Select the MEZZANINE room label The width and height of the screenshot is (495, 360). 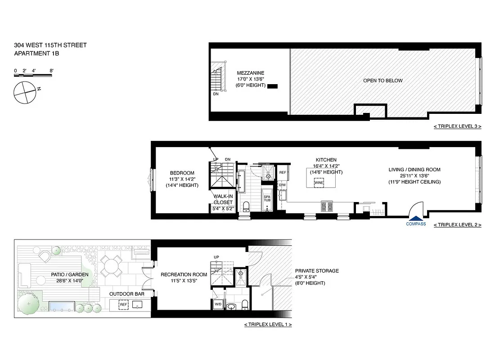(x=251, y=73)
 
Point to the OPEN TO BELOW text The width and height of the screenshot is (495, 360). (x=383, y=81)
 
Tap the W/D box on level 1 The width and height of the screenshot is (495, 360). (x=218, y=304)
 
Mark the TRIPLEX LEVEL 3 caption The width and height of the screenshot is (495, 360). (x=457, y=126)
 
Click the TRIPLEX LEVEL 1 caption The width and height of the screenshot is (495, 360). (x=268, y=324)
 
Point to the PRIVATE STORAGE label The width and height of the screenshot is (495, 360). (x=317, y=271)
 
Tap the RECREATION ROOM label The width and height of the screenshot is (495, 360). (x=184, y=274)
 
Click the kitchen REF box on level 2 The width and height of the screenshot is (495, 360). (x=283, y=173)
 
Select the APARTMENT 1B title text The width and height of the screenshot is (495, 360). (x=36, y=54)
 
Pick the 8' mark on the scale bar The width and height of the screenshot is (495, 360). (x=52, y=71)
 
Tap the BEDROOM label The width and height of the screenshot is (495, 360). (x=182, y=173)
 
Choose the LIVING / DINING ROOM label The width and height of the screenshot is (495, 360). (x=414, y=170)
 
